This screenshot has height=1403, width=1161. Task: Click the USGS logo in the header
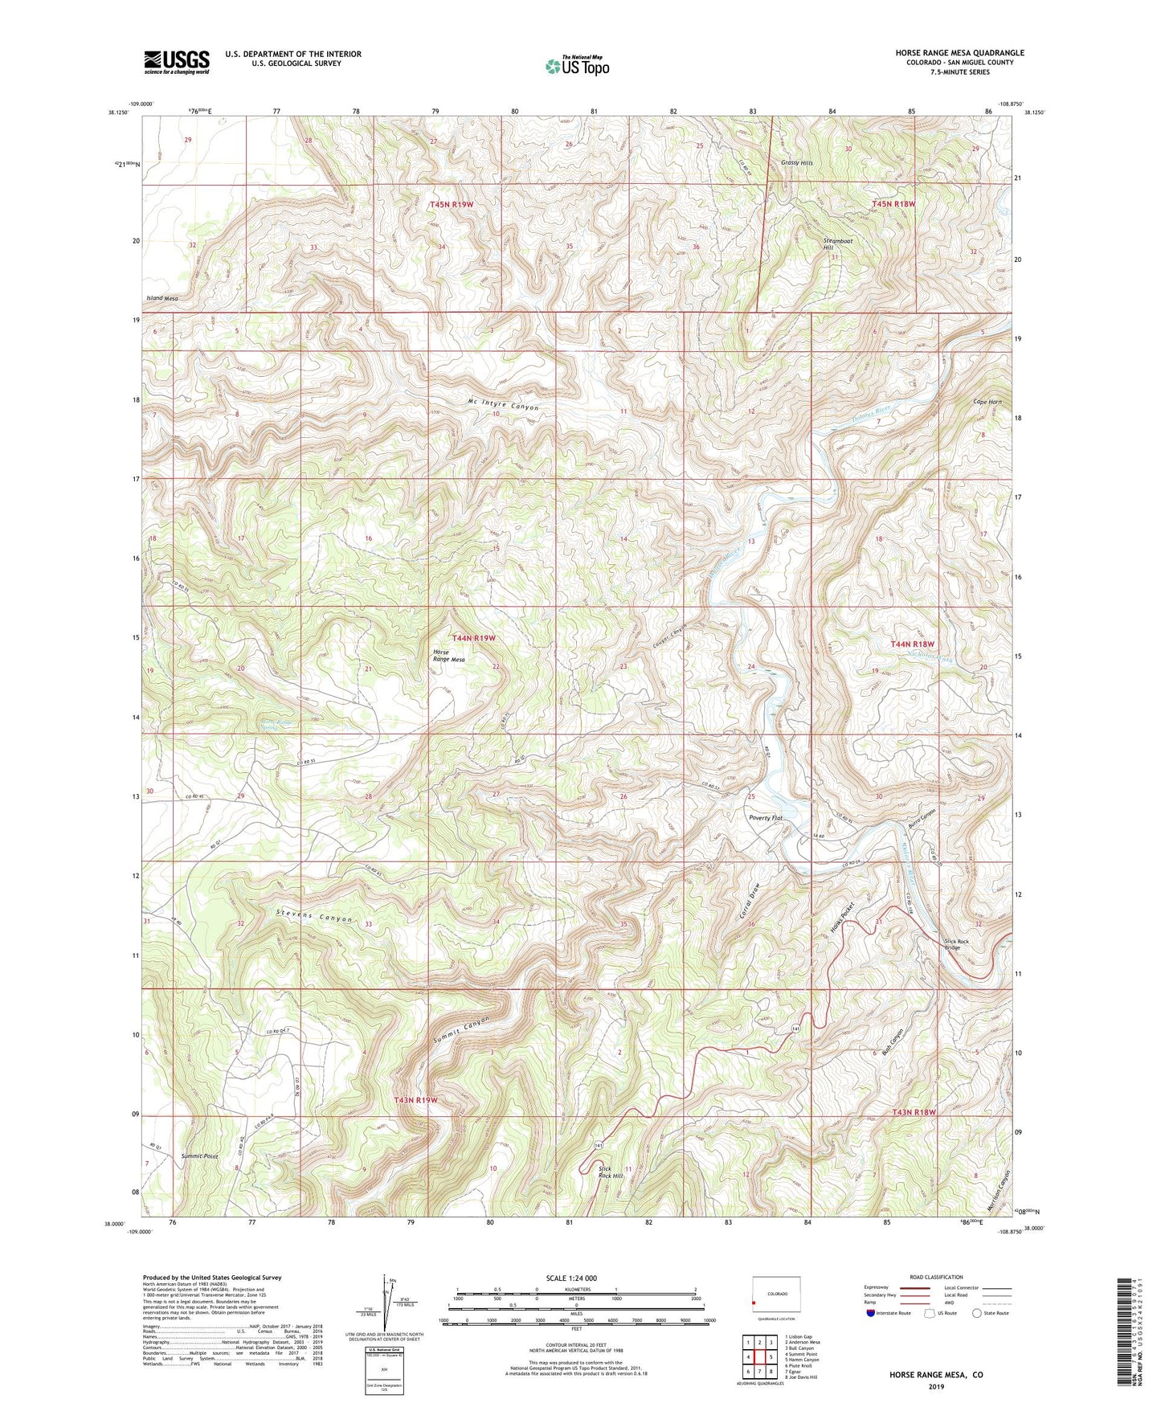tap(177, 61)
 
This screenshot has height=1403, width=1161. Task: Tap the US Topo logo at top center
tap(577, 66)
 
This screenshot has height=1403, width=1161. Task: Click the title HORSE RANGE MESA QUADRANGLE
tap(959, 53)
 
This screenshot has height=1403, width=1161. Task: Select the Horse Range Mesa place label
tap(448, 655)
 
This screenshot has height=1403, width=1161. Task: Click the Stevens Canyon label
tap(315, 917)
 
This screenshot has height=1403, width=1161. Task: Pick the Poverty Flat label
tap(765, 818)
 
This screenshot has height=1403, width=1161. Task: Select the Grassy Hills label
tap(797, 163)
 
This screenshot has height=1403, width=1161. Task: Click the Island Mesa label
tap(161, 298)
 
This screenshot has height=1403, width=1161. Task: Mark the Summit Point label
tap(199, 1156)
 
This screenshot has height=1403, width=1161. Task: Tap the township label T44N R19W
tap(473, 637)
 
